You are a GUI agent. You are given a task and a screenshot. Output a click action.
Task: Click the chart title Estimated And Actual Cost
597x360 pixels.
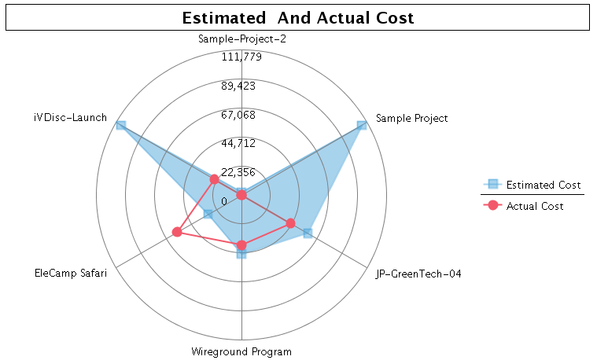298,17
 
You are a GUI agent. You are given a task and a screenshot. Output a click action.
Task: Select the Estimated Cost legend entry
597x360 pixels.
544,185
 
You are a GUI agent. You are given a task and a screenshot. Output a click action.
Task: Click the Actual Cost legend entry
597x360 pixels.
535,206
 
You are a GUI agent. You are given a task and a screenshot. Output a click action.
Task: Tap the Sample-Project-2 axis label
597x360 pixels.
241,39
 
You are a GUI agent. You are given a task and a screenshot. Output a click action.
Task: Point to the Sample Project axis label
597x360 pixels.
411,119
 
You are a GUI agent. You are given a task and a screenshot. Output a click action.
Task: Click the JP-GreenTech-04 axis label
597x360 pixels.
413,274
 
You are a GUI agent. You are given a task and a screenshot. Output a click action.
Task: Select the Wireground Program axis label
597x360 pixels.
241,351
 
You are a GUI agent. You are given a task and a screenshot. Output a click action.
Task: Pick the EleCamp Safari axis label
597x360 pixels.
71,274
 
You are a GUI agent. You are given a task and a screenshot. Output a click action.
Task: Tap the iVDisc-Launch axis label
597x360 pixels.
70,118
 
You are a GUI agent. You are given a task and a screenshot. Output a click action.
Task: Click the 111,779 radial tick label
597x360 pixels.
241,57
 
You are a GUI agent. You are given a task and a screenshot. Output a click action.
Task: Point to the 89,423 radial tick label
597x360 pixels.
241,86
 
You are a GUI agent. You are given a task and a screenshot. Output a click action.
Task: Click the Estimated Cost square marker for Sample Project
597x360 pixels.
361,126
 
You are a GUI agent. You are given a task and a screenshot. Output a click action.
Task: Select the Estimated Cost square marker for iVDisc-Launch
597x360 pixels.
120,126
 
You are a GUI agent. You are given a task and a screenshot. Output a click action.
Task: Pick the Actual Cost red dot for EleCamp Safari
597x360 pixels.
177,232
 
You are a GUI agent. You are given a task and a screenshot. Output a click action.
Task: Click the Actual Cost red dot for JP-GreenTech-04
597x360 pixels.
290,223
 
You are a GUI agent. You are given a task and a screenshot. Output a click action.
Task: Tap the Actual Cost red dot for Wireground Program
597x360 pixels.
241,245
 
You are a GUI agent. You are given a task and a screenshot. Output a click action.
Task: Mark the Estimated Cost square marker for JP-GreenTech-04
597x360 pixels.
308,233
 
